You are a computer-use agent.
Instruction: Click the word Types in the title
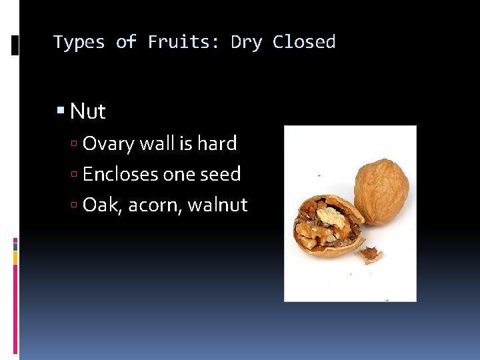(79, 43)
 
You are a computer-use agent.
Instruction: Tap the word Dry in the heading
(247, 43)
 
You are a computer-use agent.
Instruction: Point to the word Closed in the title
(304, 43)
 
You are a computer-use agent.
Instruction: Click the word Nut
(88, 111)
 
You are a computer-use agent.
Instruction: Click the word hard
(217, 143)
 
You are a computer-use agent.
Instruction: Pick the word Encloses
(121, 174)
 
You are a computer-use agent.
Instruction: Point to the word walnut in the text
(217, 205)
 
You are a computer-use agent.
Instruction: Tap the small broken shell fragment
(371, 254)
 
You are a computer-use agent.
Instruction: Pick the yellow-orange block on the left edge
(15, 258)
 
